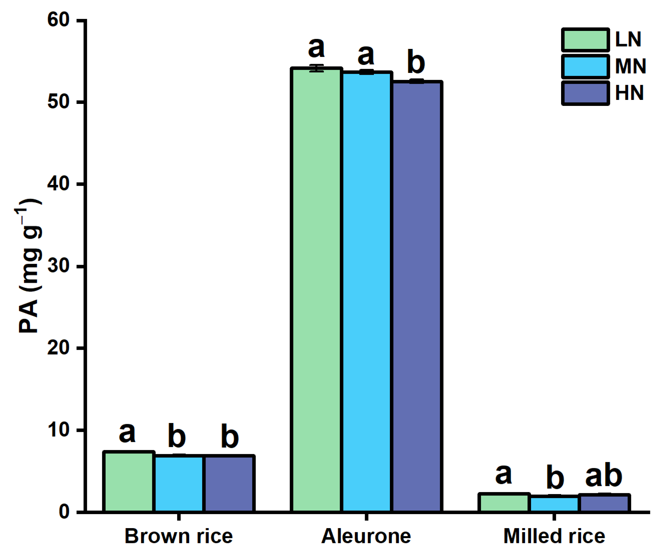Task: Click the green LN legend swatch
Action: [585, 40]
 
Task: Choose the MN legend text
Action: [630, 66]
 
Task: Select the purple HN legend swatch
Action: [585, 93]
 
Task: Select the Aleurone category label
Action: [366, 536]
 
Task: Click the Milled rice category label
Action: [554, 536]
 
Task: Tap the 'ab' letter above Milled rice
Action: [603, 476]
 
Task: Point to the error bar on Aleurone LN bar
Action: [316, 68]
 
